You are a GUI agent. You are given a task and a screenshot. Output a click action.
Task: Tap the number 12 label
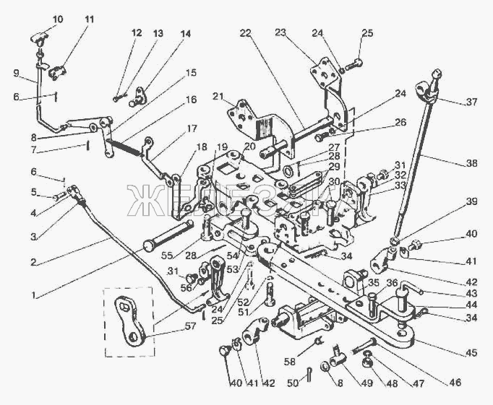[137, 32]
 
